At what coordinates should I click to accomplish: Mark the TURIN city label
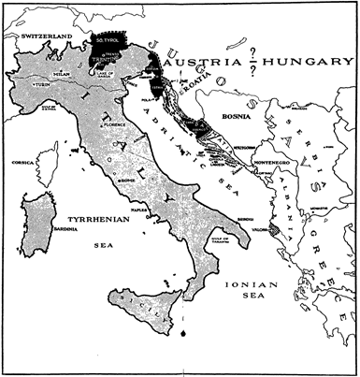click(x=42, y=84)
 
